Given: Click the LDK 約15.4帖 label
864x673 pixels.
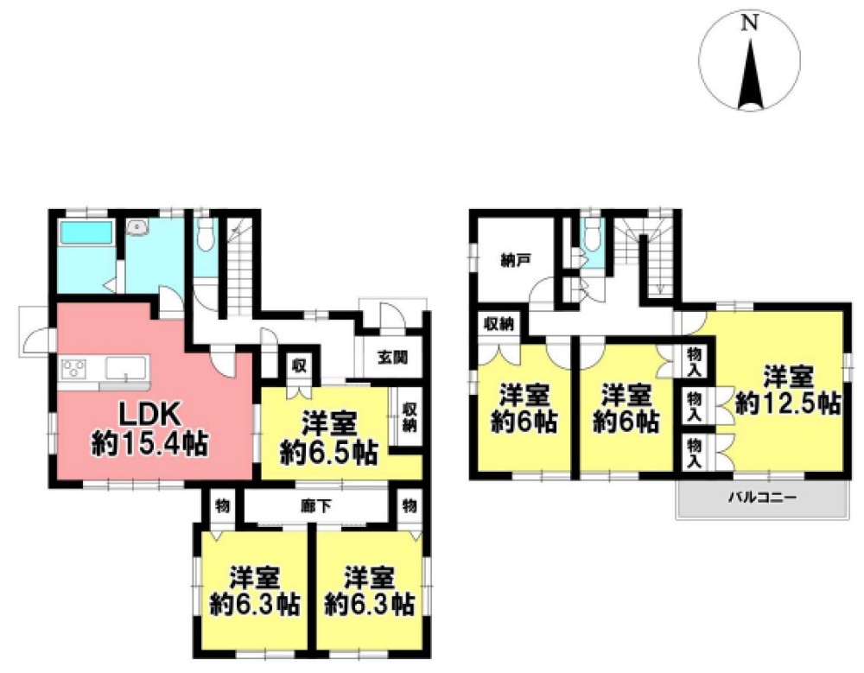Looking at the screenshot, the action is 149,429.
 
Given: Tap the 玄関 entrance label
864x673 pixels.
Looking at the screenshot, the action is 393,358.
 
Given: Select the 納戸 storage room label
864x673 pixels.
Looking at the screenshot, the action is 516,260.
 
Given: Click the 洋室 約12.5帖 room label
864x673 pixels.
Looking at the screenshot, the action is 788,390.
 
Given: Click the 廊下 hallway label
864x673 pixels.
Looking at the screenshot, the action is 316,506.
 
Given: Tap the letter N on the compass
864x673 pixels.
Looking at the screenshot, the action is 749,23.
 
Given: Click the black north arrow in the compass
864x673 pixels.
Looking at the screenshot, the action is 749,75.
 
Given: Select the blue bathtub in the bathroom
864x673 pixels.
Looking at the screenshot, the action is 86,232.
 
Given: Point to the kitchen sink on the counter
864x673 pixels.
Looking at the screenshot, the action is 126,368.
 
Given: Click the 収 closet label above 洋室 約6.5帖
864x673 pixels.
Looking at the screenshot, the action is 299,365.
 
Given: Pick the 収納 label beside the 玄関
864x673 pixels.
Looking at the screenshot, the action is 409,417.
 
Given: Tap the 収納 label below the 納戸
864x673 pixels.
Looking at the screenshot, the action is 499,324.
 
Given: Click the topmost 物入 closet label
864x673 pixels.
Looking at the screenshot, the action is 695,362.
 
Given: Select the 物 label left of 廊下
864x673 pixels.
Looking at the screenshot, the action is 222,506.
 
